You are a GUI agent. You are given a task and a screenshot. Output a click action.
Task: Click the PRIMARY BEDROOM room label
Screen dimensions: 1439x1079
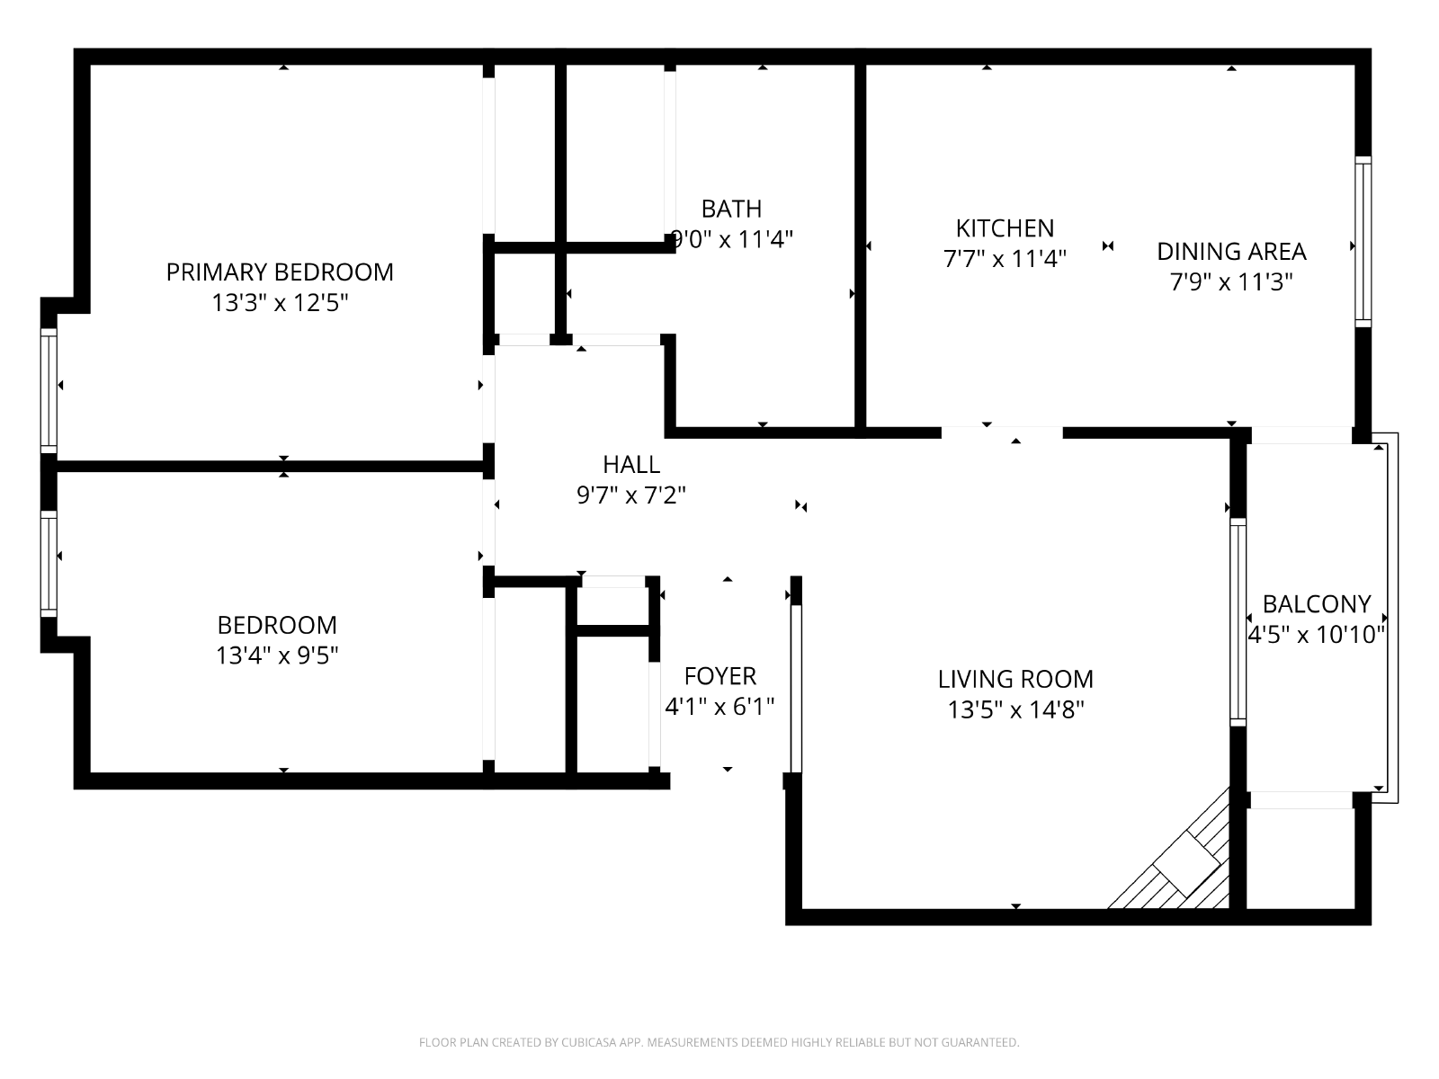click(280, 272)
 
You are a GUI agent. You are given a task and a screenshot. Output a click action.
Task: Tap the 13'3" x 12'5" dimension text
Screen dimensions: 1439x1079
click(280, 303)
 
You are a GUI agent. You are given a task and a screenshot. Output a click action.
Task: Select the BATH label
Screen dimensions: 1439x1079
click(731, 209)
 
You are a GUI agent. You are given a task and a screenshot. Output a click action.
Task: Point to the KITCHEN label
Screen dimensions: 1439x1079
click(1005, 228)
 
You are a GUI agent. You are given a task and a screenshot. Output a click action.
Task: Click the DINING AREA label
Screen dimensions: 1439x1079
click(1232, 252)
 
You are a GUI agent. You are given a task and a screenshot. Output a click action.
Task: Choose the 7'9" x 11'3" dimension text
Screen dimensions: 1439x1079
click(1232, 282)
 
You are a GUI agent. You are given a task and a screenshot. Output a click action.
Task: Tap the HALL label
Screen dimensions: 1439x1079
click(631, 465)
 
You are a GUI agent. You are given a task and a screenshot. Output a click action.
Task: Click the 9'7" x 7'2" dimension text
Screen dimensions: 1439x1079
click(631, 495)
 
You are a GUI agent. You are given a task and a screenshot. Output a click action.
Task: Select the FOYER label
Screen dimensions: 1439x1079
click(719, 675)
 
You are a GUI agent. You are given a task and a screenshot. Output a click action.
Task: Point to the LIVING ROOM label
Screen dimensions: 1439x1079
click(1015, 680)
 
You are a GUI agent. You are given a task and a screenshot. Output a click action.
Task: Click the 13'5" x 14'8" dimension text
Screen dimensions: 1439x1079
click(1015, 709)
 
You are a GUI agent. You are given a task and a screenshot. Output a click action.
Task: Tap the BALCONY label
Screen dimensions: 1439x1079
click(1317, 603)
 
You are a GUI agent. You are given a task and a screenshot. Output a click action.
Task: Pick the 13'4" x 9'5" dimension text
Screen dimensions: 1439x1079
click(277, 655)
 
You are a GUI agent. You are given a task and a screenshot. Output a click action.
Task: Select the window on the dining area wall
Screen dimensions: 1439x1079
click(1363, 242)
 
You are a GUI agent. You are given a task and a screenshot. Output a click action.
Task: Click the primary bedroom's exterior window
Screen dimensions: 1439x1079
click(49, 390)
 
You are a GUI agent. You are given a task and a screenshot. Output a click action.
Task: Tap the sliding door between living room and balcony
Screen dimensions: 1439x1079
click(1238, 621)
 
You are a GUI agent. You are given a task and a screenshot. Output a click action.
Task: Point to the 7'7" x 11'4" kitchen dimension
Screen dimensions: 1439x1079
click(1005, 260)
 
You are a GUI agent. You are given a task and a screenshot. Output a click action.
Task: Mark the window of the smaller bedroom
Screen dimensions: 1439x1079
click(49, 564)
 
